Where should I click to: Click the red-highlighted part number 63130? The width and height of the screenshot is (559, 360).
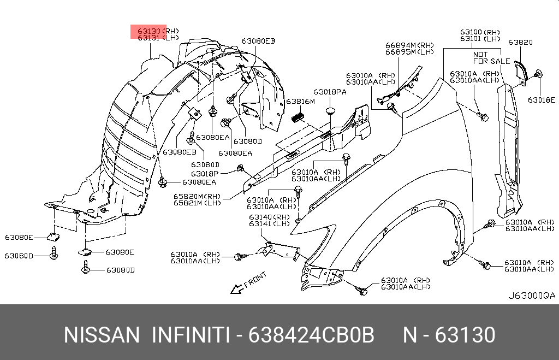click(x=148, y=31)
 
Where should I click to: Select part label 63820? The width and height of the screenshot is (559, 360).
click(x=520, y=42)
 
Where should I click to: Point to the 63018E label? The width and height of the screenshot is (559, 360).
click(x=541, y=100)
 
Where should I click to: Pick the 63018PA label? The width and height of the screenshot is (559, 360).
click(x=330, y=92)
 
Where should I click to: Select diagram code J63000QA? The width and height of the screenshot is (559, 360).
click(x=531, y=296)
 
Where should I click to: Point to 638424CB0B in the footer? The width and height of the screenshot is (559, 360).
click(x=311, y=335)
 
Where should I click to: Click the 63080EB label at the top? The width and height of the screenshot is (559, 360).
click(x=259, y=41)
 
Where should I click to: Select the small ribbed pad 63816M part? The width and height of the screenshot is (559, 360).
click(x=298, y=116)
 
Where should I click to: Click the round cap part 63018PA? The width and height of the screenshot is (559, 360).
click(x=330, y=111)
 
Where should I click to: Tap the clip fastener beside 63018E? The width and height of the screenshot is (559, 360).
click(x=537, y=75)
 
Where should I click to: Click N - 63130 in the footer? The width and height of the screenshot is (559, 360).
click(x=449, y=335)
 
